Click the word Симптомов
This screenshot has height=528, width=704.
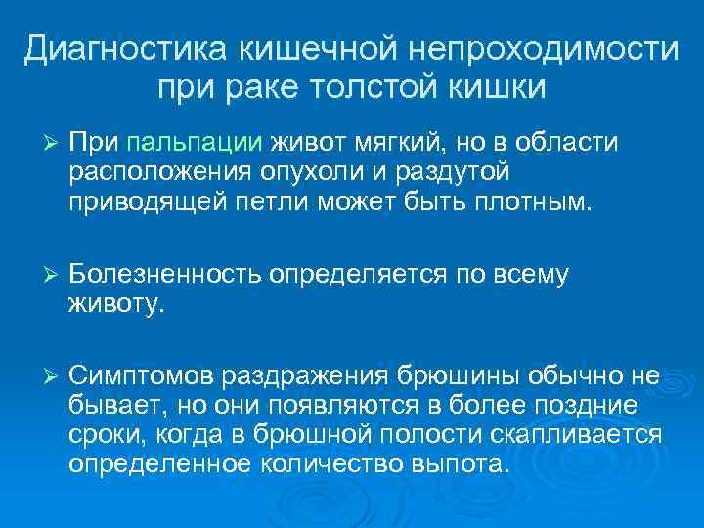click(x=144, y=376)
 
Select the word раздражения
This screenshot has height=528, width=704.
click(x=306, y=376)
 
